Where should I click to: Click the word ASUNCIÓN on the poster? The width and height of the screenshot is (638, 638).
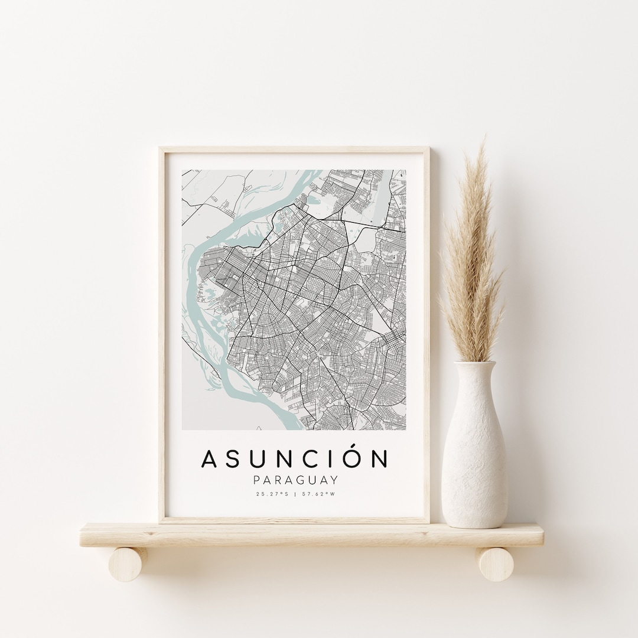[295, 459]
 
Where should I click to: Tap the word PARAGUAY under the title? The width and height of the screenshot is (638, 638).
[295, 480]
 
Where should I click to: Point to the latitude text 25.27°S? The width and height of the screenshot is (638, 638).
[272, 494]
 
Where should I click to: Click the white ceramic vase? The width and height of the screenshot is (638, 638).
[474, 455]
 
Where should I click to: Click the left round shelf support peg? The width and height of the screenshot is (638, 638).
[128, 563]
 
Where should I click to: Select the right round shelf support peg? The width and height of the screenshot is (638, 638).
[496, 563]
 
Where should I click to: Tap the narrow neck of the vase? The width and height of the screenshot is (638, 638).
[474, 378]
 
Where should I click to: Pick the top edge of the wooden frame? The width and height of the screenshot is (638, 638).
[295, 150]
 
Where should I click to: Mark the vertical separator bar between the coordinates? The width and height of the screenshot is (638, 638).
[295, 494]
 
